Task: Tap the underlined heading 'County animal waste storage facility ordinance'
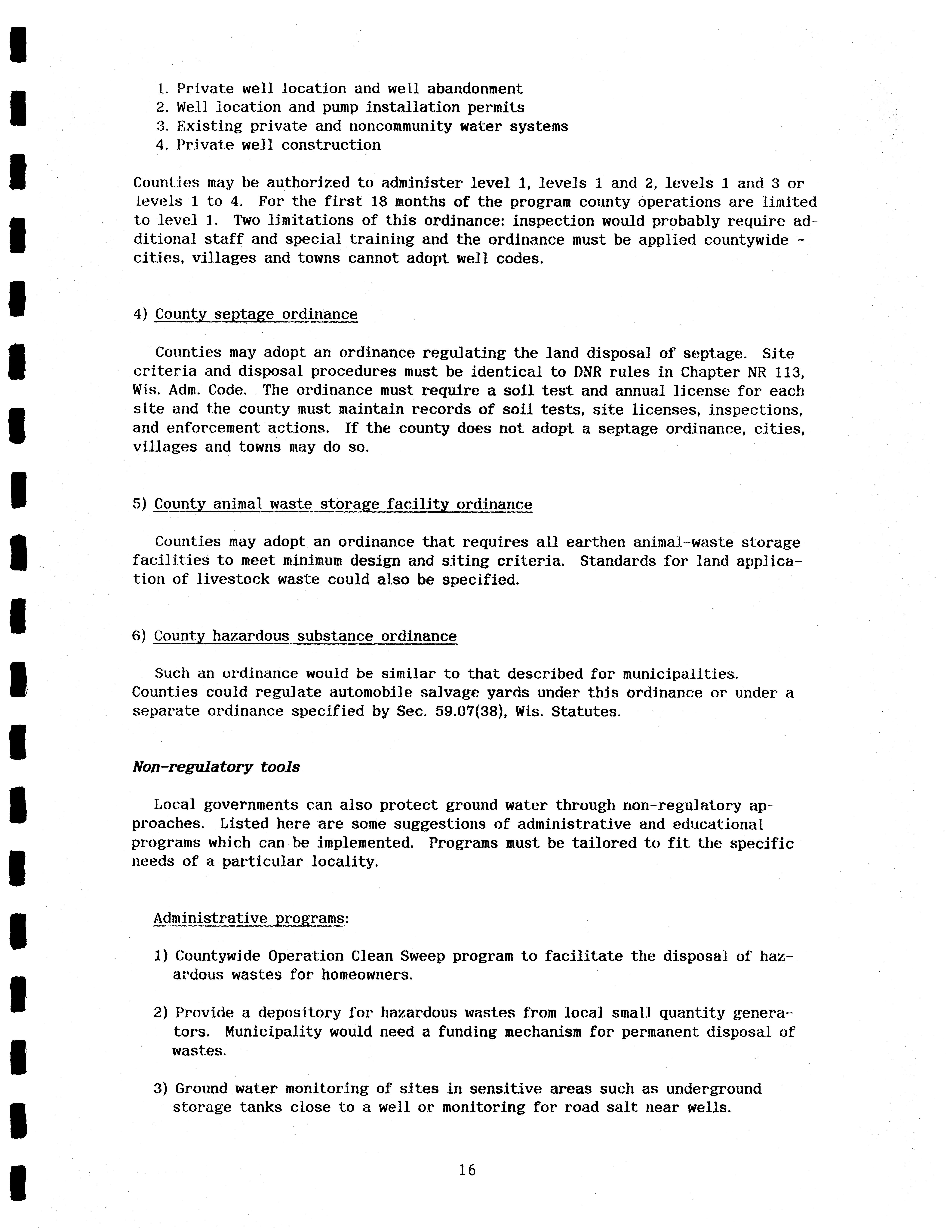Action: [x=343, y=504]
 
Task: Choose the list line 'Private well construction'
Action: [x=278, y=145]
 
